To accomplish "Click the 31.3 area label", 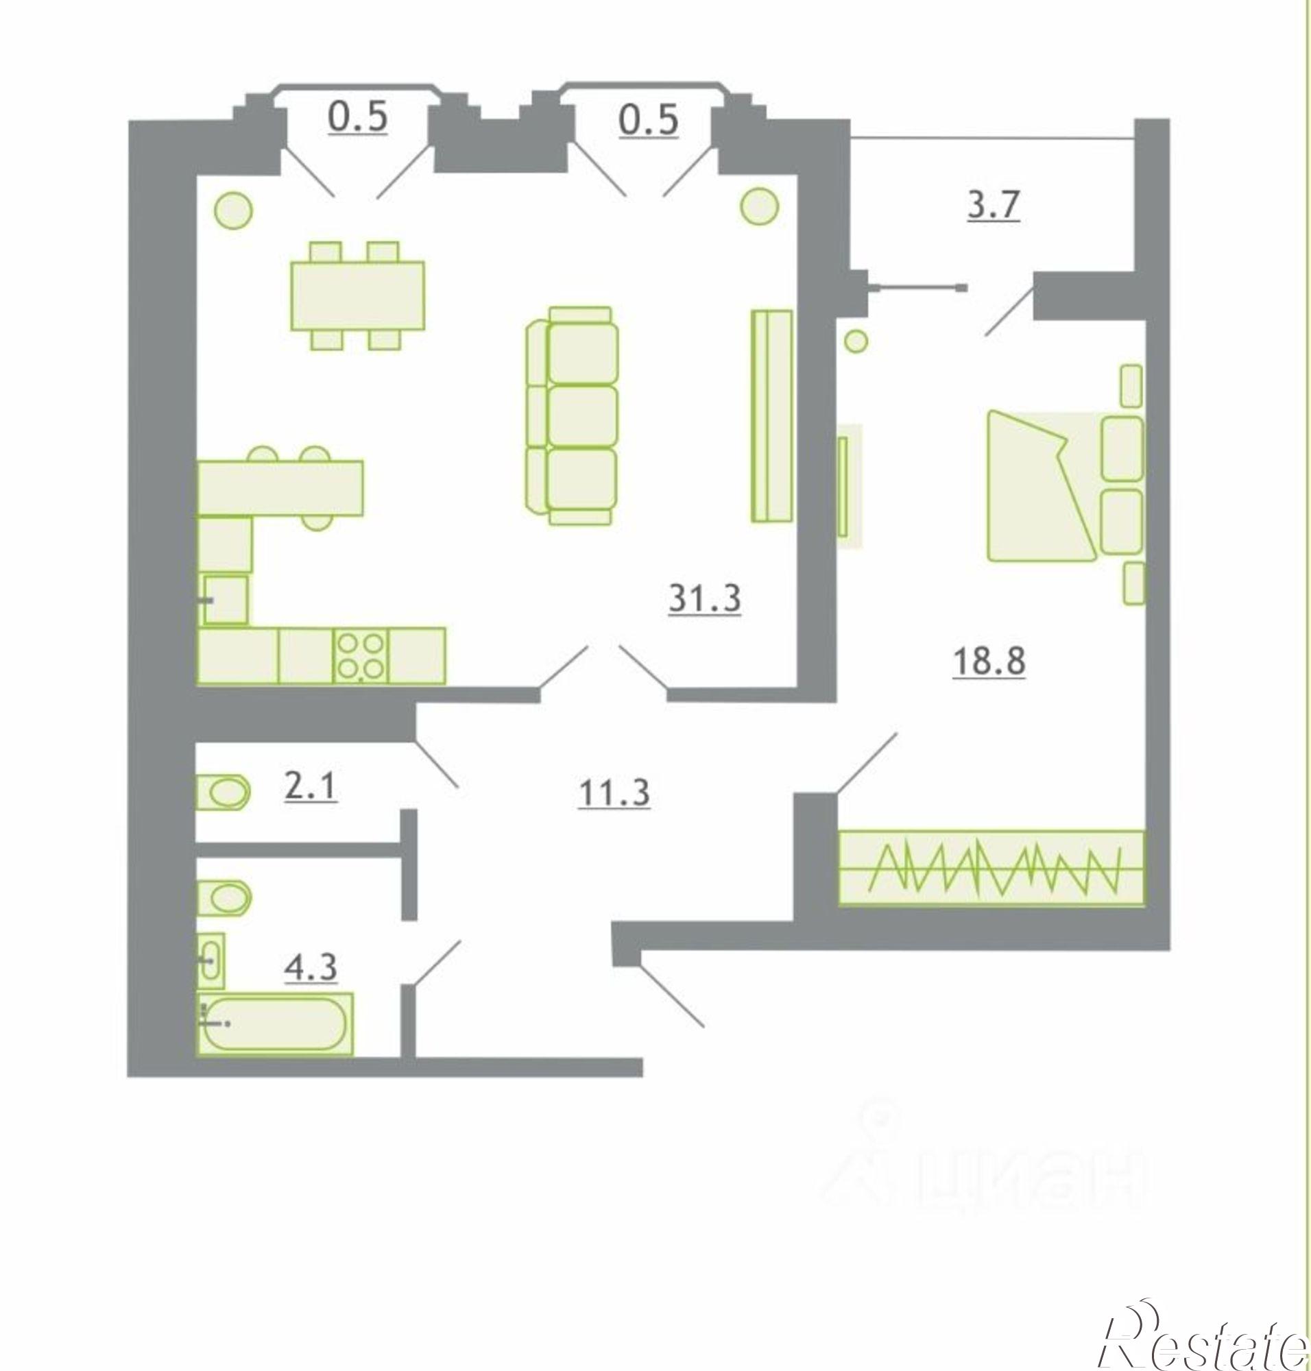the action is point(704,599).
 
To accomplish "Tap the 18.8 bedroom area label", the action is point(989,662).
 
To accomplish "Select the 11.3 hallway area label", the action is point(614,794).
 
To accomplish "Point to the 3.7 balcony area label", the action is point(994,206).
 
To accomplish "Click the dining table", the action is point(358,295).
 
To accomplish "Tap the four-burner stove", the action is point(361,656).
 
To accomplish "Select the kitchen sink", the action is point(225,599).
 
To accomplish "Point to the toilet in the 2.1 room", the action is point(224,792).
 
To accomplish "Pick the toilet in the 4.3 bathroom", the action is point(224,898).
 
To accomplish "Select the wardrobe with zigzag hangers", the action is point(991,867).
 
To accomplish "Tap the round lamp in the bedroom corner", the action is point(856,341).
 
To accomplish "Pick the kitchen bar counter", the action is point(280,488).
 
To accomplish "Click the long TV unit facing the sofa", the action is point(772,416).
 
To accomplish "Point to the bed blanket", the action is point(1041,486).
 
